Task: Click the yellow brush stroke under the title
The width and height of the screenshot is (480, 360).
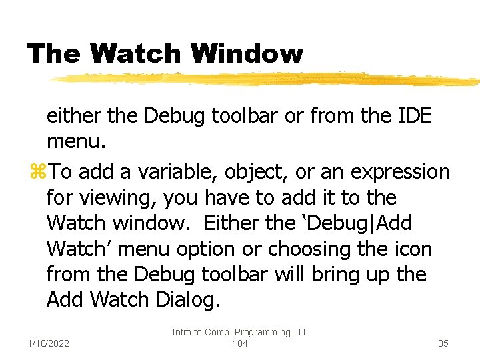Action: [267, 79]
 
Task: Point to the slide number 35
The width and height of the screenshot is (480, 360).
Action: [443, 343]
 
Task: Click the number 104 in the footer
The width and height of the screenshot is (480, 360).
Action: [239, 343]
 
